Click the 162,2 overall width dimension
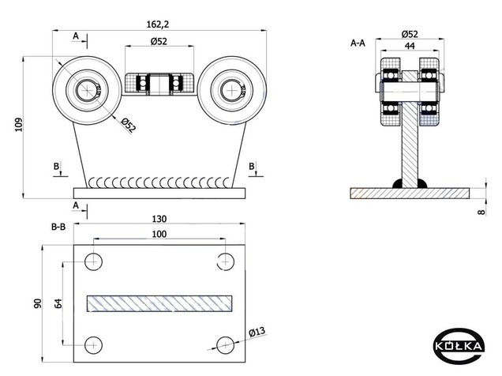(158, 24)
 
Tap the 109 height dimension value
(19, 124)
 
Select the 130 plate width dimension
(159, 219)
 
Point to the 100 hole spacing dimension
(159, 234)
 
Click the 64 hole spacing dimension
(58, 303)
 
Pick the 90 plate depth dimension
(38, 303)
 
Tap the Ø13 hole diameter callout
(257, 332)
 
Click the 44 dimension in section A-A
(410, 46)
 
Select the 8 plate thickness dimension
(481, 212)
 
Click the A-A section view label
(358, 43)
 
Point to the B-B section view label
(58, 227)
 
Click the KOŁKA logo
(459, 346)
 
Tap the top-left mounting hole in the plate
(93, 261)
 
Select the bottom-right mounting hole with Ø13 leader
(226, 345)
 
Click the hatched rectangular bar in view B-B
(159, 303)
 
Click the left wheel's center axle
(87, 90)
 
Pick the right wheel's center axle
(231, 90)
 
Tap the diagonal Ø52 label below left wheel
(129, 125)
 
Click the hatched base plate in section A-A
(410, 194)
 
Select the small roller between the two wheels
(159, 84)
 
